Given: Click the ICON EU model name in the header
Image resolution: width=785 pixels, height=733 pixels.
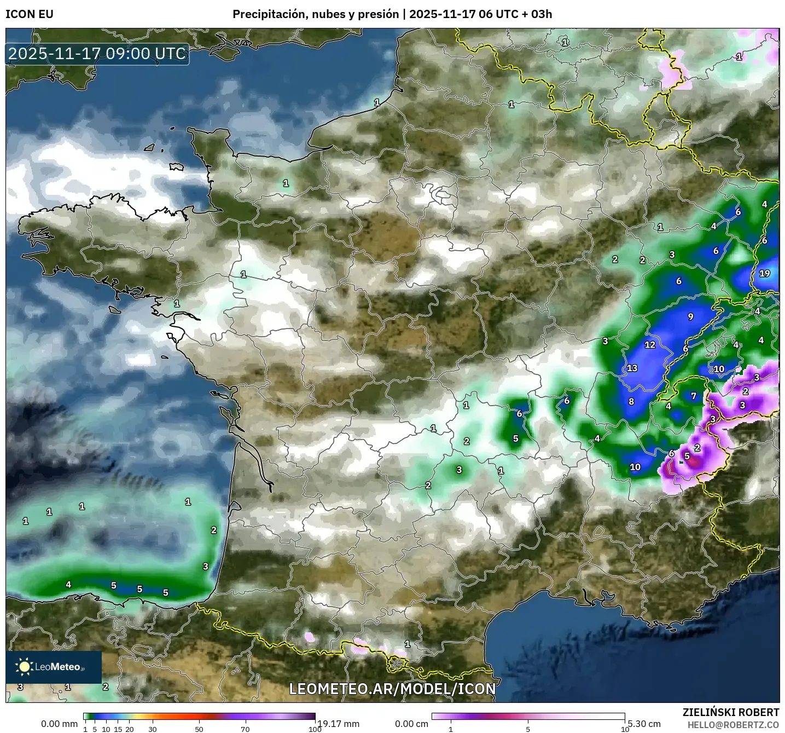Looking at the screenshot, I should tap(30, 14).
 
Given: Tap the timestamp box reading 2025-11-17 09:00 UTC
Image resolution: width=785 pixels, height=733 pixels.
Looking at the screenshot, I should tap(97, 54).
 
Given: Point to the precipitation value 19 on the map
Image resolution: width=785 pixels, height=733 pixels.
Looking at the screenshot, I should tap(764, 273).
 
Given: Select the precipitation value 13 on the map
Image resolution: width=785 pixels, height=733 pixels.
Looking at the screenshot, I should tap(632, 368).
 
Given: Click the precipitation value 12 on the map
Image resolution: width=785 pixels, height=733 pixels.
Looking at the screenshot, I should tap(649, 345).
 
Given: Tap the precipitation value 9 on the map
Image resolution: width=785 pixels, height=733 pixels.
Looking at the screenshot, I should tap(690, 316).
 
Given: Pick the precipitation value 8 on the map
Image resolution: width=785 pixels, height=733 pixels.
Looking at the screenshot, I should tap(631, 401).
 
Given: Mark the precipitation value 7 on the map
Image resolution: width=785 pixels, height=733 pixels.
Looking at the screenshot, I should tap(694, 396).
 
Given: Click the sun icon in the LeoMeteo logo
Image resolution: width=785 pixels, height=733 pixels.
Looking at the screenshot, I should tap(24, 666).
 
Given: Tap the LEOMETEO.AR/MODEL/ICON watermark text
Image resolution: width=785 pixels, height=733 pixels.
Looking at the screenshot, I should tap(392, 689).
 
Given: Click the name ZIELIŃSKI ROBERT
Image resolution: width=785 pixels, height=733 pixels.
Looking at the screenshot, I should tap(731, 712).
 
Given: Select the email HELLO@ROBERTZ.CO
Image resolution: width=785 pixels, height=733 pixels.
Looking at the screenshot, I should tap(733, 725).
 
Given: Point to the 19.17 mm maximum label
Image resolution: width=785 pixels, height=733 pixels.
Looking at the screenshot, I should tap(338, 724).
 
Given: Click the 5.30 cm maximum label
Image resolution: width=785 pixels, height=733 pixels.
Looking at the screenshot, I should tap(644, 724).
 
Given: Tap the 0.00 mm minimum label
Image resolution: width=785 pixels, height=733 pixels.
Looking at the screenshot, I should tap(60, 724).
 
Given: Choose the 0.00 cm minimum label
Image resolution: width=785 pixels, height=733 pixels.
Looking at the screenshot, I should tap(412, 724).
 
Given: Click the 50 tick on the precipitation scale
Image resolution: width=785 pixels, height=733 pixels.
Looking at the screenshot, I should tap(199, 729).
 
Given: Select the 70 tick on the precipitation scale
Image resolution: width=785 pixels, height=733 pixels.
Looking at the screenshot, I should tap(245, 729).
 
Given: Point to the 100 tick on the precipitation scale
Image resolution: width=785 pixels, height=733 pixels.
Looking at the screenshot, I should tap(315, 729).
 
